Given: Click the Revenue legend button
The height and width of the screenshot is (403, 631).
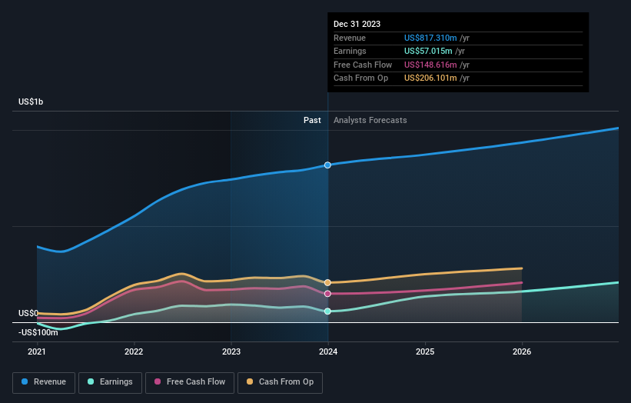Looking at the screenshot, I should pos(44,381).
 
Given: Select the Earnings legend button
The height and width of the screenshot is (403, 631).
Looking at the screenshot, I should pos(110,381).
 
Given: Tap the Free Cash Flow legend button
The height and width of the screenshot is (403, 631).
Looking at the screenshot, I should pos(190,381).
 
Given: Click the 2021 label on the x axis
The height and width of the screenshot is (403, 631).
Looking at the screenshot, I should pos(37,352).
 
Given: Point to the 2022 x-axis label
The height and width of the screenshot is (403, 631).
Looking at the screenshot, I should pos(134,352).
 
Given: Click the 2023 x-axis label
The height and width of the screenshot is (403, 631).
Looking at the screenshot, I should pos(231,352).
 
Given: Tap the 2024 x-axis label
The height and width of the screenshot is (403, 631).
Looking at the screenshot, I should pos(328,352).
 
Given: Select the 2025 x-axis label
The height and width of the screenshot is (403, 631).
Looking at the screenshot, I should pos(425,352).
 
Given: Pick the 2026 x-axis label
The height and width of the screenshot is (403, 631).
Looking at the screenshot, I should pos(522,352).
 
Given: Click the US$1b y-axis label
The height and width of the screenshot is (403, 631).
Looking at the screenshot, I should pos(32,102).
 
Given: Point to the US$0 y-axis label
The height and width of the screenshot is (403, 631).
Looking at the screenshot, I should pos(28,313).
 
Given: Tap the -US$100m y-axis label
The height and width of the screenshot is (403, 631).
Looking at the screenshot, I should pos(38,332).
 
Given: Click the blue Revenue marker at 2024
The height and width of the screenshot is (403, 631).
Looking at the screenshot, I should pos(328,165).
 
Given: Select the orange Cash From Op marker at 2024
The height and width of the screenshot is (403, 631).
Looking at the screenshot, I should pos(328,283).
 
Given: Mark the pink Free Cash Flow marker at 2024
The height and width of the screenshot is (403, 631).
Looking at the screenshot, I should pos(328,294).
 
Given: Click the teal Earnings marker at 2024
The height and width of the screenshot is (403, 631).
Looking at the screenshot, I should pos(328,311).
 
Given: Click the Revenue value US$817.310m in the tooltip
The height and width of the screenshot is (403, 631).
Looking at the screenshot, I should pos(431,38).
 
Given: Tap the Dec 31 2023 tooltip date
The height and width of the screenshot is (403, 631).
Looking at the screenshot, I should pos(357,24).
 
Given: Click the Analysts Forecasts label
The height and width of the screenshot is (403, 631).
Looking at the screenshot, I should pos(370,120).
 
